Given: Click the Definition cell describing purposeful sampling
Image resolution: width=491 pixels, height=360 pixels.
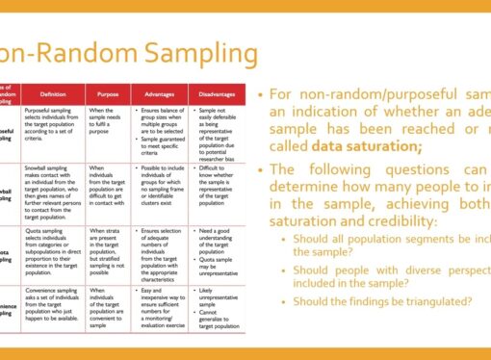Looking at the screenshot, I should click(x=53, y=124).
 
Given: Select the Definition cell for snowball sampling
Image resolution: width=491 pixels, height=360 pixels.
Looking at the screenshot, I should click(x=53, y=189).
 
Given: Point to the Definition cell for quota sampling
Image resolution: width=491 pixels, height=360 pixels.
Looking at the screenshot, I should click(x=53, y=250).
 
